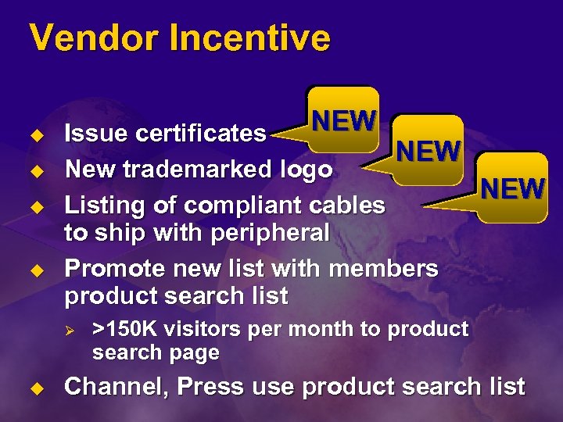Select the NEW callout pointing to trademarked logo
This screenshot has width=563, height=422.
pyautogui.click(x=428, y=150)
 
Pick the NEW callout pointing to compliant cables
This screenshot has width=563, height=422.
pyautogui.click(x=512, y=188)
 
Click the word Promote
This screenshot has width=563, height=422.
pyautogui.click(x=114, y=269)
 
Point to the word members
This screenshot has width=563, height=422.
pyautogui.click(x=384, y=269)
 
